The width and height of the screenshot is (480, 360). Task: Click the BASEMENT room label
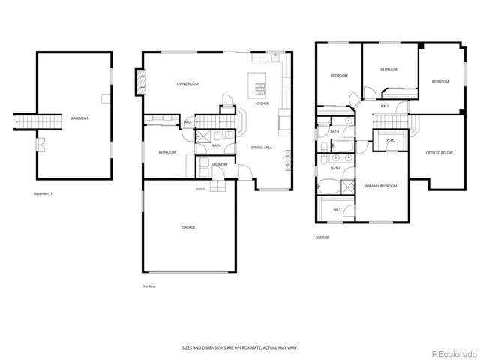pos(79,119)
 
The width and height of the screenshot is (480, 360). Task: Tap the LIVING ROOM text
pos(187,83)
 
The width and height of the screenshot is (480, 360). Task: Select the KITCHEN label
pos(262,103)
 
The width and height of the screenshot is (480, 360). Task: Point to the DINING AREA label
pos(261,148)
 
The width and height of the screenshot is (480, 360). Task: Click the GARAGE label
pos(188,227)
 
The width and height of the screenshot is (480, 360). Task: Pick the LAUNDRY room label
pos(220,164)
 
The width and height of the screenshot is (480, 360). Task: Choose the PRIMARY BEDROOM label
pos(381,185)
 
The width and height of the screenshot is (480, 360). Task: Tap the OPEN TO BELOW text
pos(439,153)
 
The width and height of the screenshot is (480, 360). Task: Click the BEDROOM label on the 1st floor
pos(166,153)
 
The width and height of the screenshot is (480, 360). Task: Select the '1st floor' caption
pos(150,286)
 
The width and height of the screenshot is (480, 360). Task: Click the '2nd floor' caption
pos(322,237)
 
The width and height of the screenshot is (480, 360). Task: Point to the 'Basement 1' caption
pos(43,194)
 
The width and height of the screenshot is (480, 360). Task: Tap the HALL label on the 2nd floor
pos(384,106)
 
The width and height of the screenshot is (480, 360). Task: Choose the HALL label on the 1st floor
pos(187,121)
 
